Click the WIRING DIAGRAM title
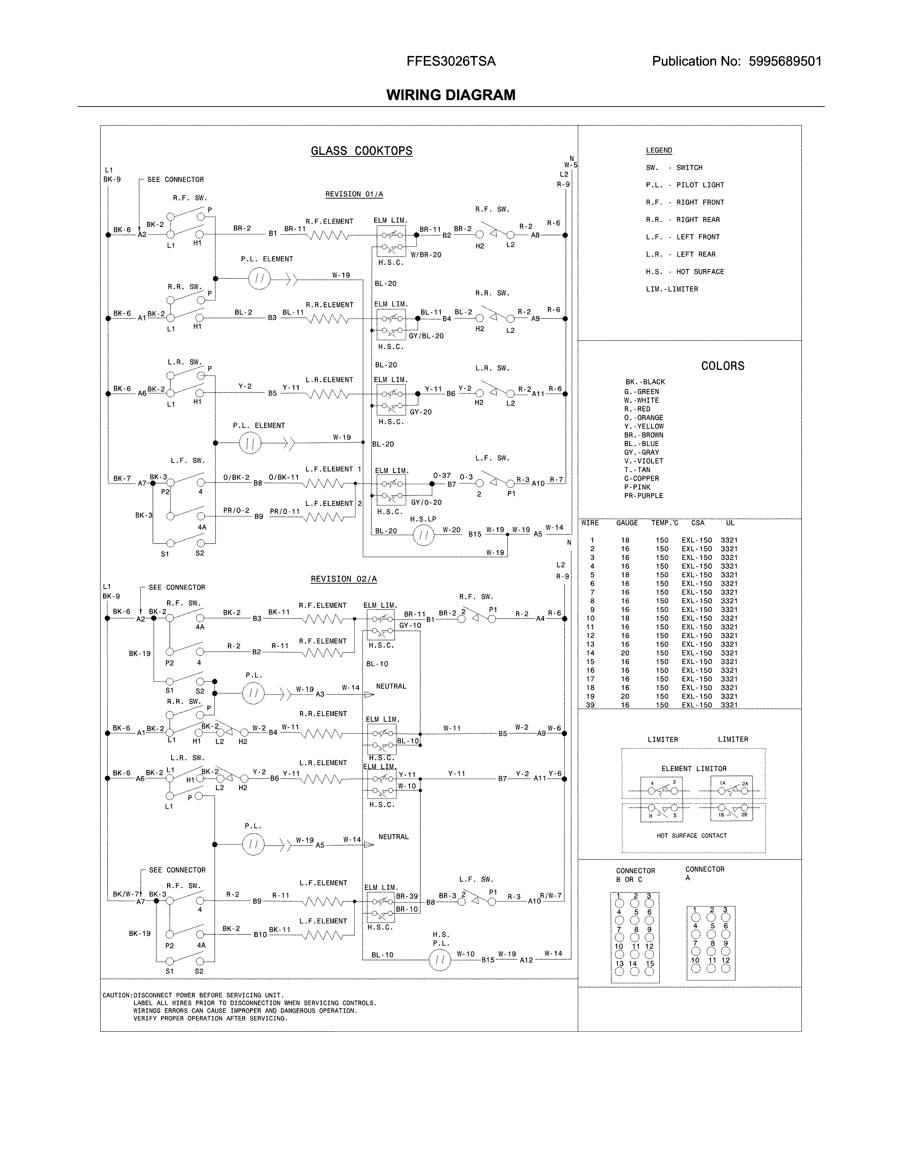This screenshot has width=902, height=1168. [450, 95]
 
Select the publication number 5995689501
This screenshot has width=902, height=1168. [785, 62]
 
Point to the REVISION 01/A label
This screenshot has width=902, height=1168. [354, 194]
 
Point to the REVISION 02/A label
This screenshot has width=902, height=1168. [343, 579]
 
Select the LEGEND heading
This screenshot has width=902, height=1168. [658, 150]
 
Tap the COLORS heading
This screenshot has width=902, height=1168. [722, 366]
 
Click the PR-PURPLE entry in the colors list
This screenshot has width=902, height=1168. [643, 496]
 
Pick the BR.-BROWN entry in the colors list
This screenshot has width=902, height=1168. [643, 435]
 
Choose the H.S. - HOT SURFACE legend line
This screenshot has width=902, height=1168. [684, 272]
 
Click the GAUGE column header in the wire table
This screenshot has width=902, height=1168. [627, 523]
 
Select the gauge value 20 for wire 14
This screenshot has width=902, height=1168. [625, 653]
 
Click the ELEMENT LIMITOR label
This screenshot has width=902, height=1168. [694, 768]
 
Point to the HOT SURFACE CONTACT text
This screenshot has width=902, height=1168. [692, 835]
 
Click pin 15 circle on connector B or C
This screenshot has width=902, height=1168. [649, 972]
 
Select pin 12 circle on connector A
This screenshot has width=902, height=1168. [725, 968]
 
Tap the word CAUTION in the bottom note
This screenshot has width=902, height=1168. [116, 995]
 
